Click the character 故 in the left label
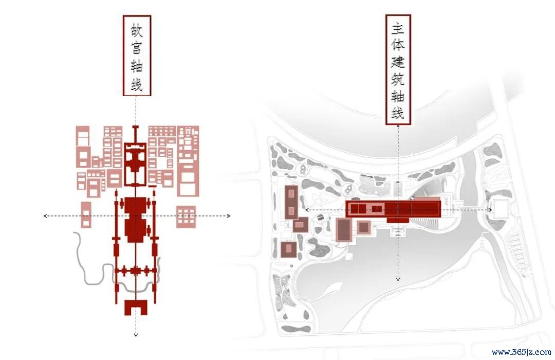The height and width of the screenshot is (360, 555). click(x=137, y=31)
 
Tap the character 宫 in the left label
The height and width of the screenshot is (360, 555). click(x=137, y=48)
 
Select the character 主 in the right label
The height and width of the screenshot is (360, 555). click(x=398, y=29)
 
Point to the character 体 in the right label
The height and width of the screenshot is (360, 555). click(x=398, y=45)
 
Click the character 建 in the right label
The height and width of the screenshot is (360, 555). click(x=398, y=62)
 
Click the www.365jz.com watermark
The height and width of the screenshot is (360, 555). click(x=522, y=352)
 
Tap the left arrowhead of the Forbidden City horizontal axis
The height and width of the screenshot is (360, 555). click(x=45, y=216)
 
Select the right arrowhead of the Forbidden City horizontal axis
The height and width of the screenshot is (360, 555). click(x=229, y=216)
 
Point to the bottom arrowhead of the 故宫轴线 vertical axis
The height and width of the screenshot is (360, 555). click(x=136, y=335)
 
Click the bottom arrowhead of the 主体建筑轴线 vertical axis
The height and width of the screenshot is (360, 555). click(x=398, y=280)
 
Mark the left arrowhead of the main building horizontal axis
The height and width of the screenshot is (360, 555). click(x=306, y=210)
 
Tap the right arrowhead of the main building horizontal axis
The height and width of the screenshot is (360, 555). click(x=491, y=210)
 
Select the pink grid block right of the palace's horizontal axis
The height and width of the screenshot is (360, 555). click(x=186, y=217)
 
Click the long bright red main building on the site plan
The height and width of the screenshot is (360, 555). click(x=393, y=209)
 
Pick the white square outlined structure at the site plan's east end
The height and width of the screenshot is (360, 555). click(x=500, y=208)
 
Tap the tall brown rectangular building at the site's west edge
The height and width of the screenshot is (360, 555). click(x=291, y=202)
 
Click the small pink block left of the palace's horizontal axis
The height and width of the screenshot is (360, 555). click(x=86, y=215)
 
